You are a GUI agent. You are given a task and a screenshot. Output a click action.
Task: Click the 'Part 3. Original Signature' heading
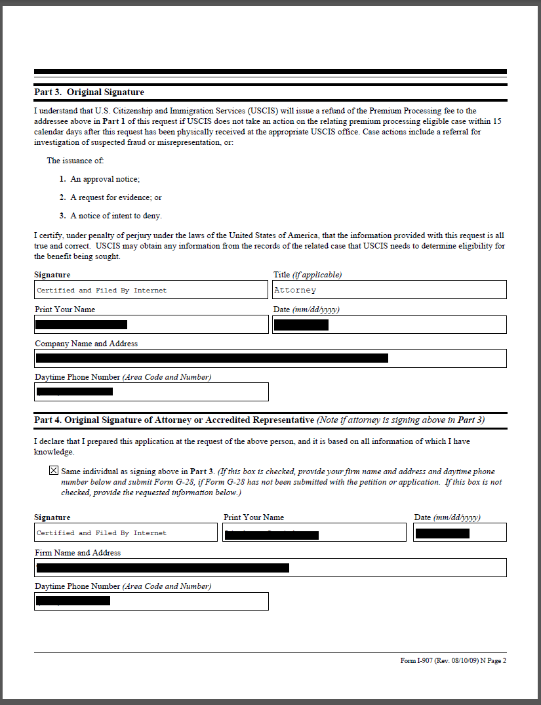(x=89, y=92)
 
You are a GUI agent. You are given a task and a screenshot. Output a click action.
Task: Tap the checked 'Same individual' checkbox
(x=53, y=471)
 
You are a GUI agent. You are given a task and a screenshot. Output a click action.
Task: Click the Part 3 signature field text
(x=102, y=291)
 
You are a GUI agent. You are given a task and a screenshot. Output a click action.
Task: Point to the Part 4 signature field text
(x=102, y=533)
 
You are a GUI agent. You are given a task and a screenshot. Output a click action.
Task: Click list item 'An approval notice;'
(x=105, y=179)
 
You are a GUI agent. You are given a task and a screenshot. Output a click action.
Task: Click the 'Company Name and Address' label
(x=86, y=344)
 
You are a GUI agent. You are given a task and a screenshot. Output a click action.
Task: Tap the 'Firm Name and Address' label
(x=77, y=553)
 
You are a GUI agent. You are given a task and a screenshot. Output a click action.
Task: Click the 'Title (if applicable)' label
(x=307, y=275)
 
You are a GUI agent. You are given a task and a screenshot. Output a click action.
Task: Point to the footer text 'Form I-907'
(x=453, y=661)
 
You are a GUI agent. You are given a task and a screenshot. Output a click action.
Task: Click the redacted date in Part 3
(x=301, y=325)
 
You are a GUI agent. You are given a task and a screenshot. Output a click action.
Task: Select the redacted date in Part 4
(x=442, y=533)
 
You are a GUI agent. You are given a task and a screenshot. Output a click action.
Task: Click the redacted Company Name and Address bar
(x=212, y=358)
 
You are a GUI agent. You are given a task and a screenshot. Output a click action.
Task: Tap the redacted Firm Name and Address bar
(x=163, y=568)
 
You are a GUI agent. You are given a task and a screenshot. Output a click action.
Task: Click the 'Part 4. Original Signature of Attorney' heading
(x=174, y=420)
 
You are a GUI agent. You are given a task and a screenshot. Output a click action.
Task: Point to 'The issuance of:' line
(x=75, y=161)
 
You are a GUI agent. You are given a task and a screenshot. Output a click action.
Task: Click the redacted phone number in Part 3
(x=74, y=392)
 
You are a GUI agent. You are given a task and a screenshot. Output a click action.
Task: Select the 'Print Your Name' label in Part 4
(x=254, y=517)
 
